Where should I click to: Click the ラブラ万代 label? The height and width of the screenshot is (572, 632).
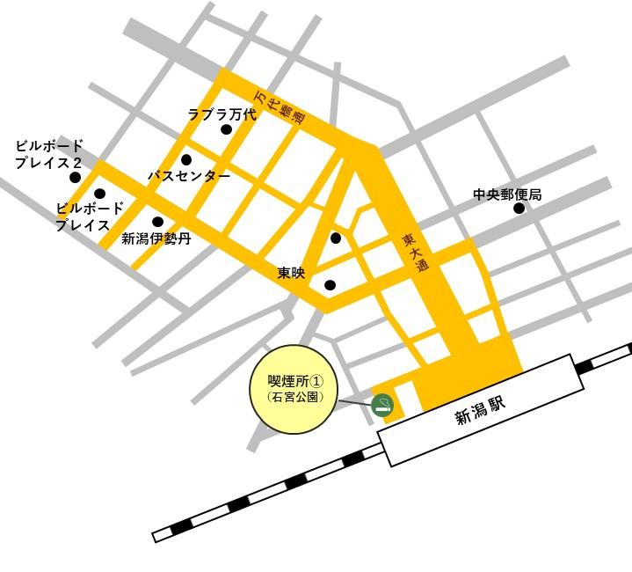tap(222, 114)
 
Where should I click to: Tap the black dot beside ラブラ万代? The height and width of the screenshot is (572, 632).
tap(226, 129)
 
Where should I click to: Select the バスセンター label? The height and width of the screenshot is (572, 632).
tap(189, 176)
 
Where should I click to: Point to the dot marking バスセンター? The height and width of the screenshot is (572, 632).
tap(186, 160)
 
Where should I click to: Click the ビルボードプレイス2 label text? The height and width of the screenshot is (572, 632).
tap(49, 154)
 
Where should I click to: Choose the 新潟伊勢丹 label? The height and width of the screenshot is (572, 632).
tap(156, 238)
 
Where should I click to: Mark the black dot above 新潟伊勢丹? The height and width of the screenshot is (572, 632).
tap(157, 222)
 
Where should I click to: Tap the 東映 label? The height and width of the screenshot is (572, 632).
tap(291, 274)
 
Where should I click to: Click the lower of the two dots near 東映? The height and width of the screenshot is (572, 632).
tap(330, 285)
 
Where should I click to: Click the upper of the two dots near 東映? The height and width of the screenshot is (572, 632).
tap(336, 238)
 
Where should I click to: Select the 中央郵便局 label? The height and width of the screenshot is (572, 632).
tap(507, 194)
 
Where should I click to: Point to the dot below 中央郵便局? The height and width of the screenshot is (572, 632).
tap(519, 209)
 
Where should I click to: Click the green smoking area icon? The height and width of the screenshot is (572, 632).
tap(382, 405)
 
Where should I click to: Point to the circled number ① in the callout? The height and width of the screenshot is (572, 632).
tap(317, 381)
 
